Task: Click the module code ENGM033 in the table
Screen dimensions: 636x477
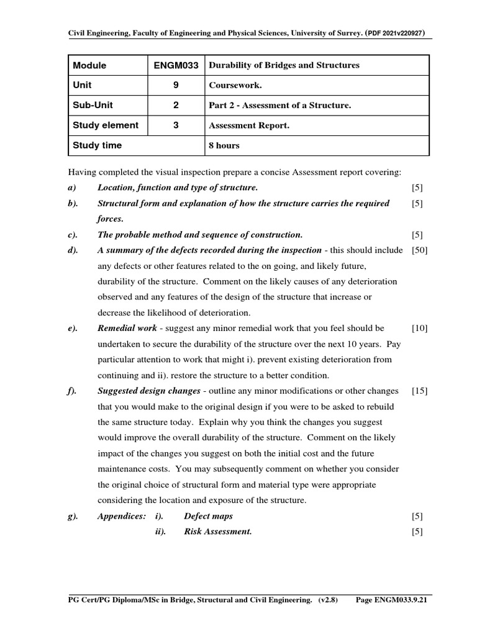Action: pos(176,65)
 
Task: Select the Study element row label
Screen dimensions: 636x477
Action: pos(106,125)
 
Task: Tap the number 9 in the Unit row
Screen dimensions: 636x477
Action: pos(176,85)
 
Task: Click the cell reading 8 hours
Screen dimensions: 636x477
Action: pos(224,145)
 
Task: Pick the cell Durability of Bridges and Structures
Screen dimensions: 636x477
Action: pos(284,65)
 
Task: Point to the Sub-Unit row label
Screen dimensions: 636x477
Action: pos(93,105)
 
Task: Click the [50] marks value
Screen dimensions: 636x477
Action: pos(419,250)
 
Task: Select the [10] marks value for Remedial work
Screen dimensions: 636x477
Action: pos(419,328)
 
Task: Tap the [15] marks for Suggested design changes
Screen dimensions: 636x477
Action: pos(419,391)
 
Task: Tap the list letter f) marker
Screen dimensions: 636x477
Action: pos(72,391)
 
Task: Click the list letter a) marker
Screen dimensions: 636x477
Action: pos(72,188)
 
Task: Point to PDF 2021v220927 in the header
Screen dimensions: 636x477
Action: pos(398,33)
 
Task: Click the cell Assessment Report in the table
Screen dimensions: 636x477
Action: pos(249,125)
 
